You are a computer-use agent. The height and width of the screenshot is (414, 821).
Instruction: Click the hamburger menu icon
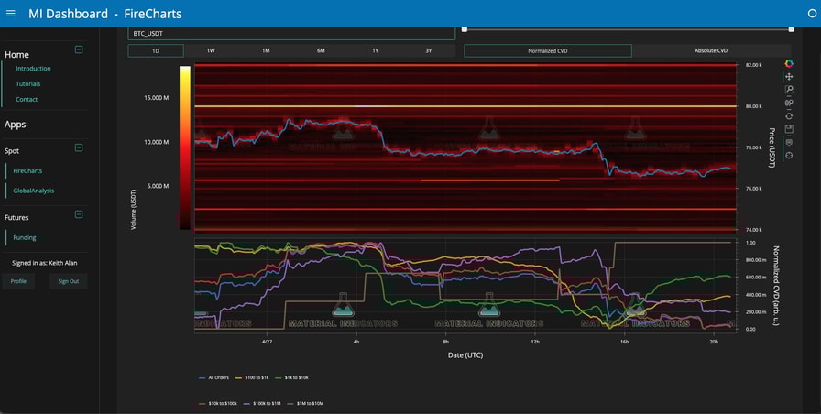[x=11, y=14]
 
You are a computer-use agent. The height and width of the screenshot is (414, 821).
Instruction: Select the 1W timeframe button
[x=211, y=51]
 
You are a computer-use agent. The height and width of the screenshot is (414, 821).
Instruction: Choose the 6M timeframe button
[x=321, y=51]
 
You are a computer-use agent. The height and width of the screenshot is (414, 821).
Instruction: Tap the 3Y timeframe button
[x=428, y=51]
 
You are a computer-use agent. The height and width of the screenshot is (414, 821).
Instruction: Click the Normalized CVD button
[x=548, y=51]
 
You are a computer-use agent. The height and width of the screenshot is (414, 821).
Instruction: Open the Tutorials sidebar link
[x=28, y=83]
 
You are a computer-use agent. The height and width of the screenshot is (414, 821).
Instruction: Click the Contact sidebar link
[x=27, y=99]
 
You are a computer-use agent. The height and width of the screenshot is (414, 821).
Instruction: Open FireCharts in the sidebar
[x=27, y=170]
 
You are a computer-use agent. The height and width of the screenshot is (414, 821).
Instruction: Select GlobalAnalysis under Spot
[x=33, y=191]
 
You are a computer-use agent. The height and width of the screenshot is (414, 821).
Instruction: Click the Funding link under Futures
[x=25, y=237]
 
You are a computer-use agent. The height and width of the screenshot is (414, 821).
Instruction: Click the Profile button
[x=18, y=281]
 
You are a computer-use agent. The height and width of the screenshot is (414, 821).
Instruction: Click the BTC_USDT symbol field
[x=291, y=33]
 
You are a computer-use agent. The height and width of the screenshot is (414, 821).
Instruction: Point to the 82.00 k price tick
[x=753, y=66]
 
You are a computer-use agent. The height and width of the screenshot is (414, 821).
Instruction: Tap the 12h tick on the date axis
[x=535, y=342]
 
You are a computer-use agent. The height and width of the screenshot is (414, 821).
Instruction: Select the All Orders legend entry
[x=216, y=377]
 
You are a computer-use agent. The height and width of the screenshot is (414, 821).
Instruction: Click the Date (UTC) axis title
[x=465, y=354]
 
